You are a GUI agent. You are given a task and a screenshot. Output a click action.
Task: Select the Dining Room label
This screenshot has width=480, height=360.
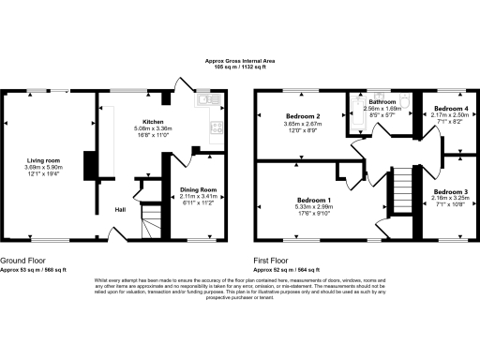click(198, 190)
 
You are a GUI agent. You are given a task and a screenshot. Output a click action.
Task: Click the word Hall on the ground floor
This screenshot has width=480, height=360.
click(121, 209)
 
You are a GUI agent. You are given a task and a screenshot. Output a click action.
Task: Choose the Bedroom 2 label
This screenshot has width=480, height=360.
click(303, 116)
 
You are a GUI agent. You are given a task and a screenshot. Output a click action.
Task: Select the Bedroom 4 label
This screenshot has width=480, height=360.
click(446, 109)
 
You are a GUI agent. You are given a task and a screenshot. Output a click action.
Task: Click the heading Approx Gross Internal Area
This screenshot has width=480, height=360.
click(240, 61)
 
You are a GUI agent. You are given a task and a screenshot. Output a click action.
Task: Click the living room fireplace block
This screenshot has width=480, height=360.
click(89, 166)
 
